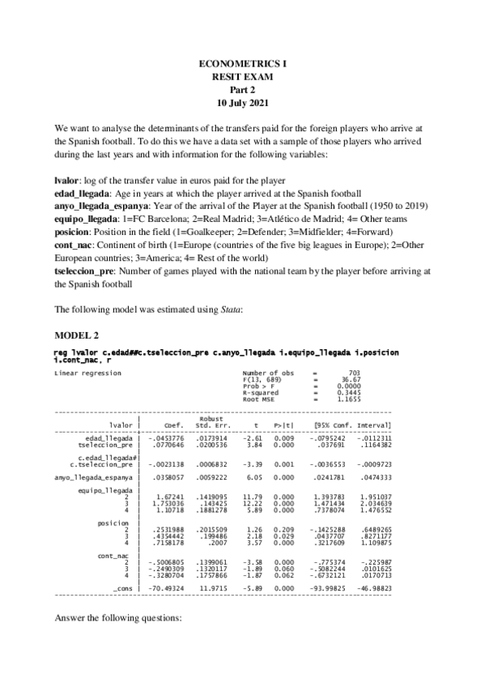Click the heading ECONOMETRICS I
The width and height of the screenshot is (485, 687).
242,62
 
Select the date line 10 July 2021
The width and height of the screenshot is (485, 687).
242,104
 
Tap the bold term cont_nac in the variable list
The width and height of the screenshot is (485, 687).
72,245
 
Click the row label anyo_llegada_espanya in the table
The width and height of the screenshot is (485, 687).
93,478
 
